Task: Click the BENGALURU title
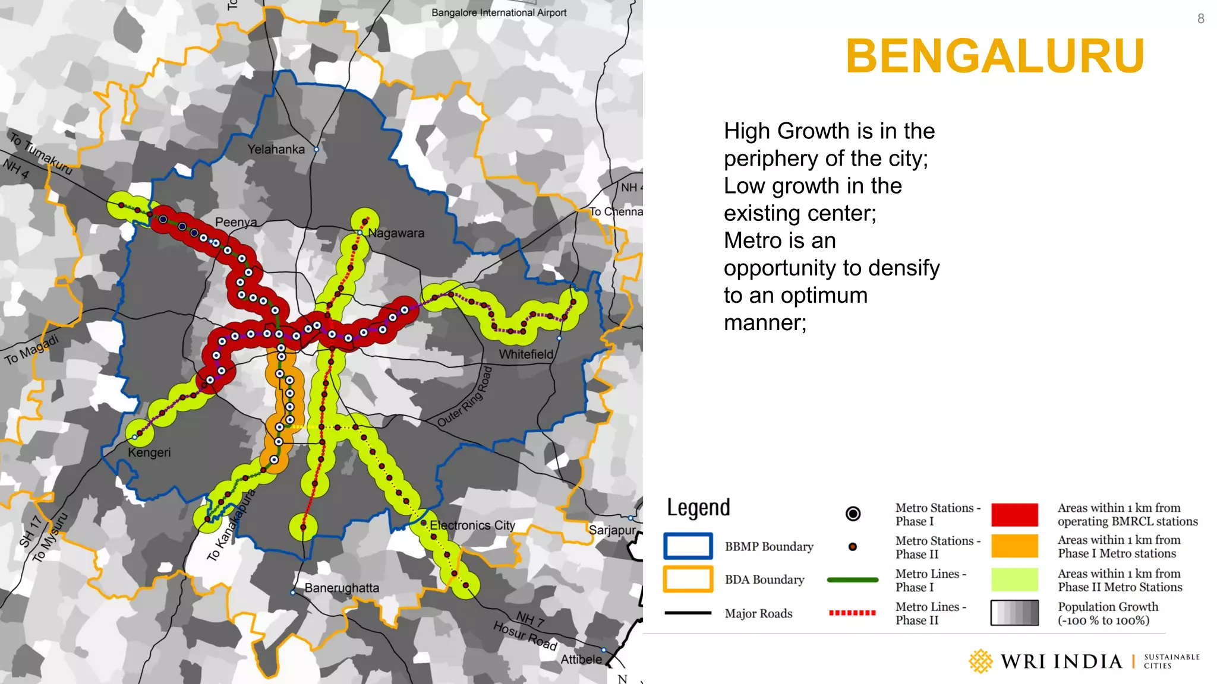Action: tap(995, 56)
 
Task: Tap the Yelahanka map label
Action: tap(276, 150)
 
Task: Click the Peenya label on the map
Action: tap(236, 222)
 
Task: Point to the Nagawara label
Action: tap(396, 233)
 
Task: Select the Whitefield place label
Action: tap(526, 354)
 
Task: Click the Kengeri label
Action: tap(149, 452)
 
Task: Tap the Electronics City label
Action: tap(472, 525)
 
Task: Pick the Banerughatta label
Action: tap(342, 588)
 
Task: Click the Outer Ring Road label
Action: tap(465, 397)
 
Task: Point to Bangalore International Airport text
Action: tap(499, 12)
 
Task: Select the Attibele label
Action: tap(581, 659)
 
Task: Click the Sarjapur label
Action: tap(612, 530)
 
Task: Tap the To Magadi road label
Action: tap(32, 350)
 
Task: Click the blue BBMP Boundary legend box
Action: tap(688, 546)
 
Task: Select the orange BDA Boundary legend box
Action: tap(688, 579)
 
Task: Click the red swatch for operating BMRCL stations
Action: tap(1014, 515)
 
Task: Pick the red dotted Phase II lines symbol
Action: tap(852, 613)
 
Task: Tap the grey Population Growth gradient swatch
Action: tap(1014, 613)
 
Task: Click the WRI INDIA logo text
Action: tap(1061, 661)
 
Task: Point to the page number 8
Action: tap(1200, 19)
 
